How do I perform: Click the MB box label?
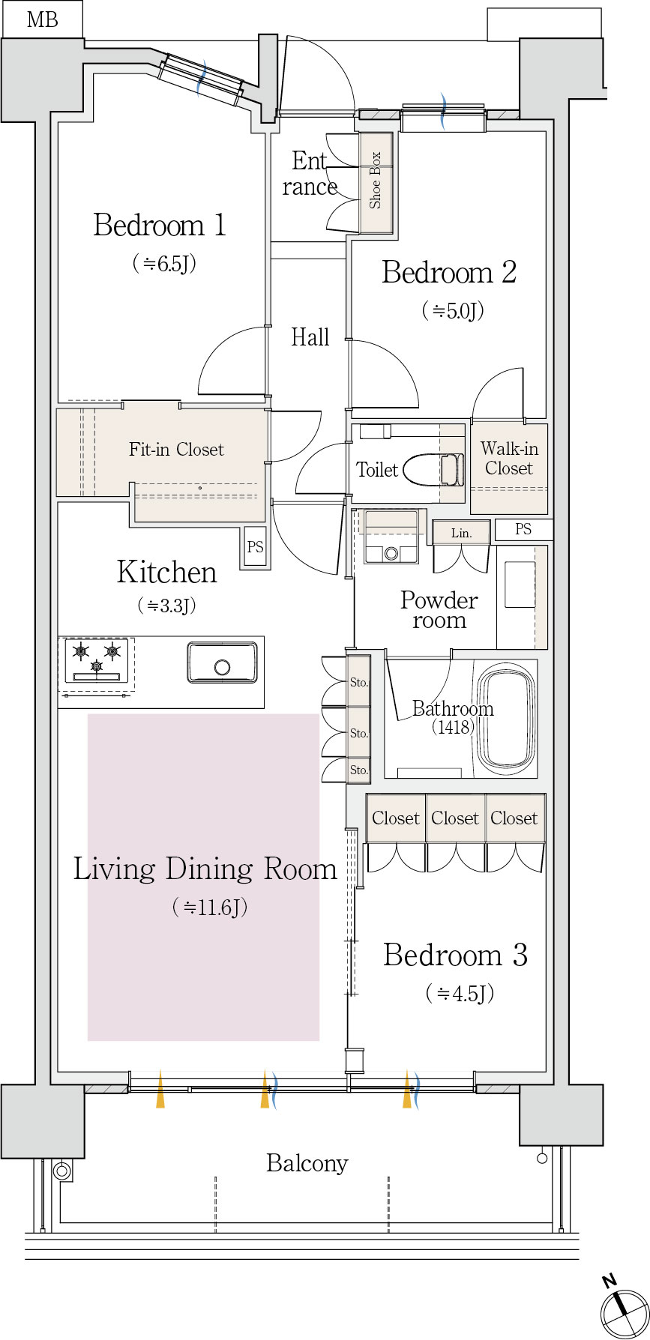click(42, 19)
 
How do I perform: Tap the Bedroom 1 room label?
click(160, 225)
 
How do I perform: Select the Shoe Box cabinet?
click(376, 182)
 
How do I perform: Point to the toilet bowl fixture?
click(434, 470)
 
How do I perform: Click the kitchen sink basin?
click(222, 662)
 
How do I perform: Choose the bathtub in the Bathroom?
click(508, 718)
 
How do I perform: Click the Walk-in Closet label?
click(509, 459)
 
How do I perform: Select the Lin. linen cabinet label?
click(461, 534)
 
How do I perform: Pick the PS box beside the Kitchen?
click(255, 547)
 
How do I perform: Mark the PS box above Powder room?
click(523, 529)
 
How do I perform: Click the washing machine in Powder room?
click(390, 537)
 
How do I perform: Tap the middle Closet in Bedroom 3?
click(455, 818)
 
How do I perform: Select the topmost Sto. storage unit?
click(359, 681)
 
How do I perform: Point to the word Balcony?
click(307, 1163)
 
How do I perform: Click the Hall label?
click(310, 337)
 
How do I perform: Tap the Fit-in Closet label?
click(176, 450)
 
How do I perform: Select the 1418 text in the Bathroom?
click(453, 727)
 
